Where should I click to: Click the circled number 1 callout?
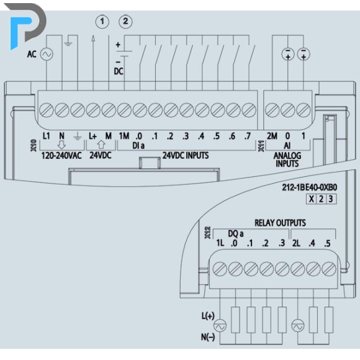102,22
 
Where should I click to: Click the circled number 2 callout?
125,22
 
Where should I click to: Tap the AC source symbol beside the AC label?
47,55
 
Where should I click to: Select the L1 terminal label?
47,136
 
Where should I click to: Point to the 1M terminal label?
124,136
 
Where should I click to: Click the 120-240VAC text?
61,156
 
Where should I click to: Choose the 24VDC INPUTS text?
186,155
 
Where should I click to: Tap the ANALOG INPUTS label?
287,160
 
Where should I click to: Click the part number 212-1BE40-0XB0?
310,187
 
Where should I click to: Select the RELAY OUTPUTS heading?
280,223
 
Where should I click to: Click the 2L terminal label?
297,243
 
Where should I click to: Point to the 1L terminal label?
220,243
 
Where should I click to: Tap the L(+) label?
208,316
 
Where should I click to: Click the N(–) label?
208,337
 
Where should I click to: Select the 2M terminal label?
272,136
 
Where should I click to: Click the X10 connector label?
34,145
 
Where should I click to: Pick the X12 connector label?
207,233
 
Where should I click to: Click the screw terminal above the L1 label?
47,110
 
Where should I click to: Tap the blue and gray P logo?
28,25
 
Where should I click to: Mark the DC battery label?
119,71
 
